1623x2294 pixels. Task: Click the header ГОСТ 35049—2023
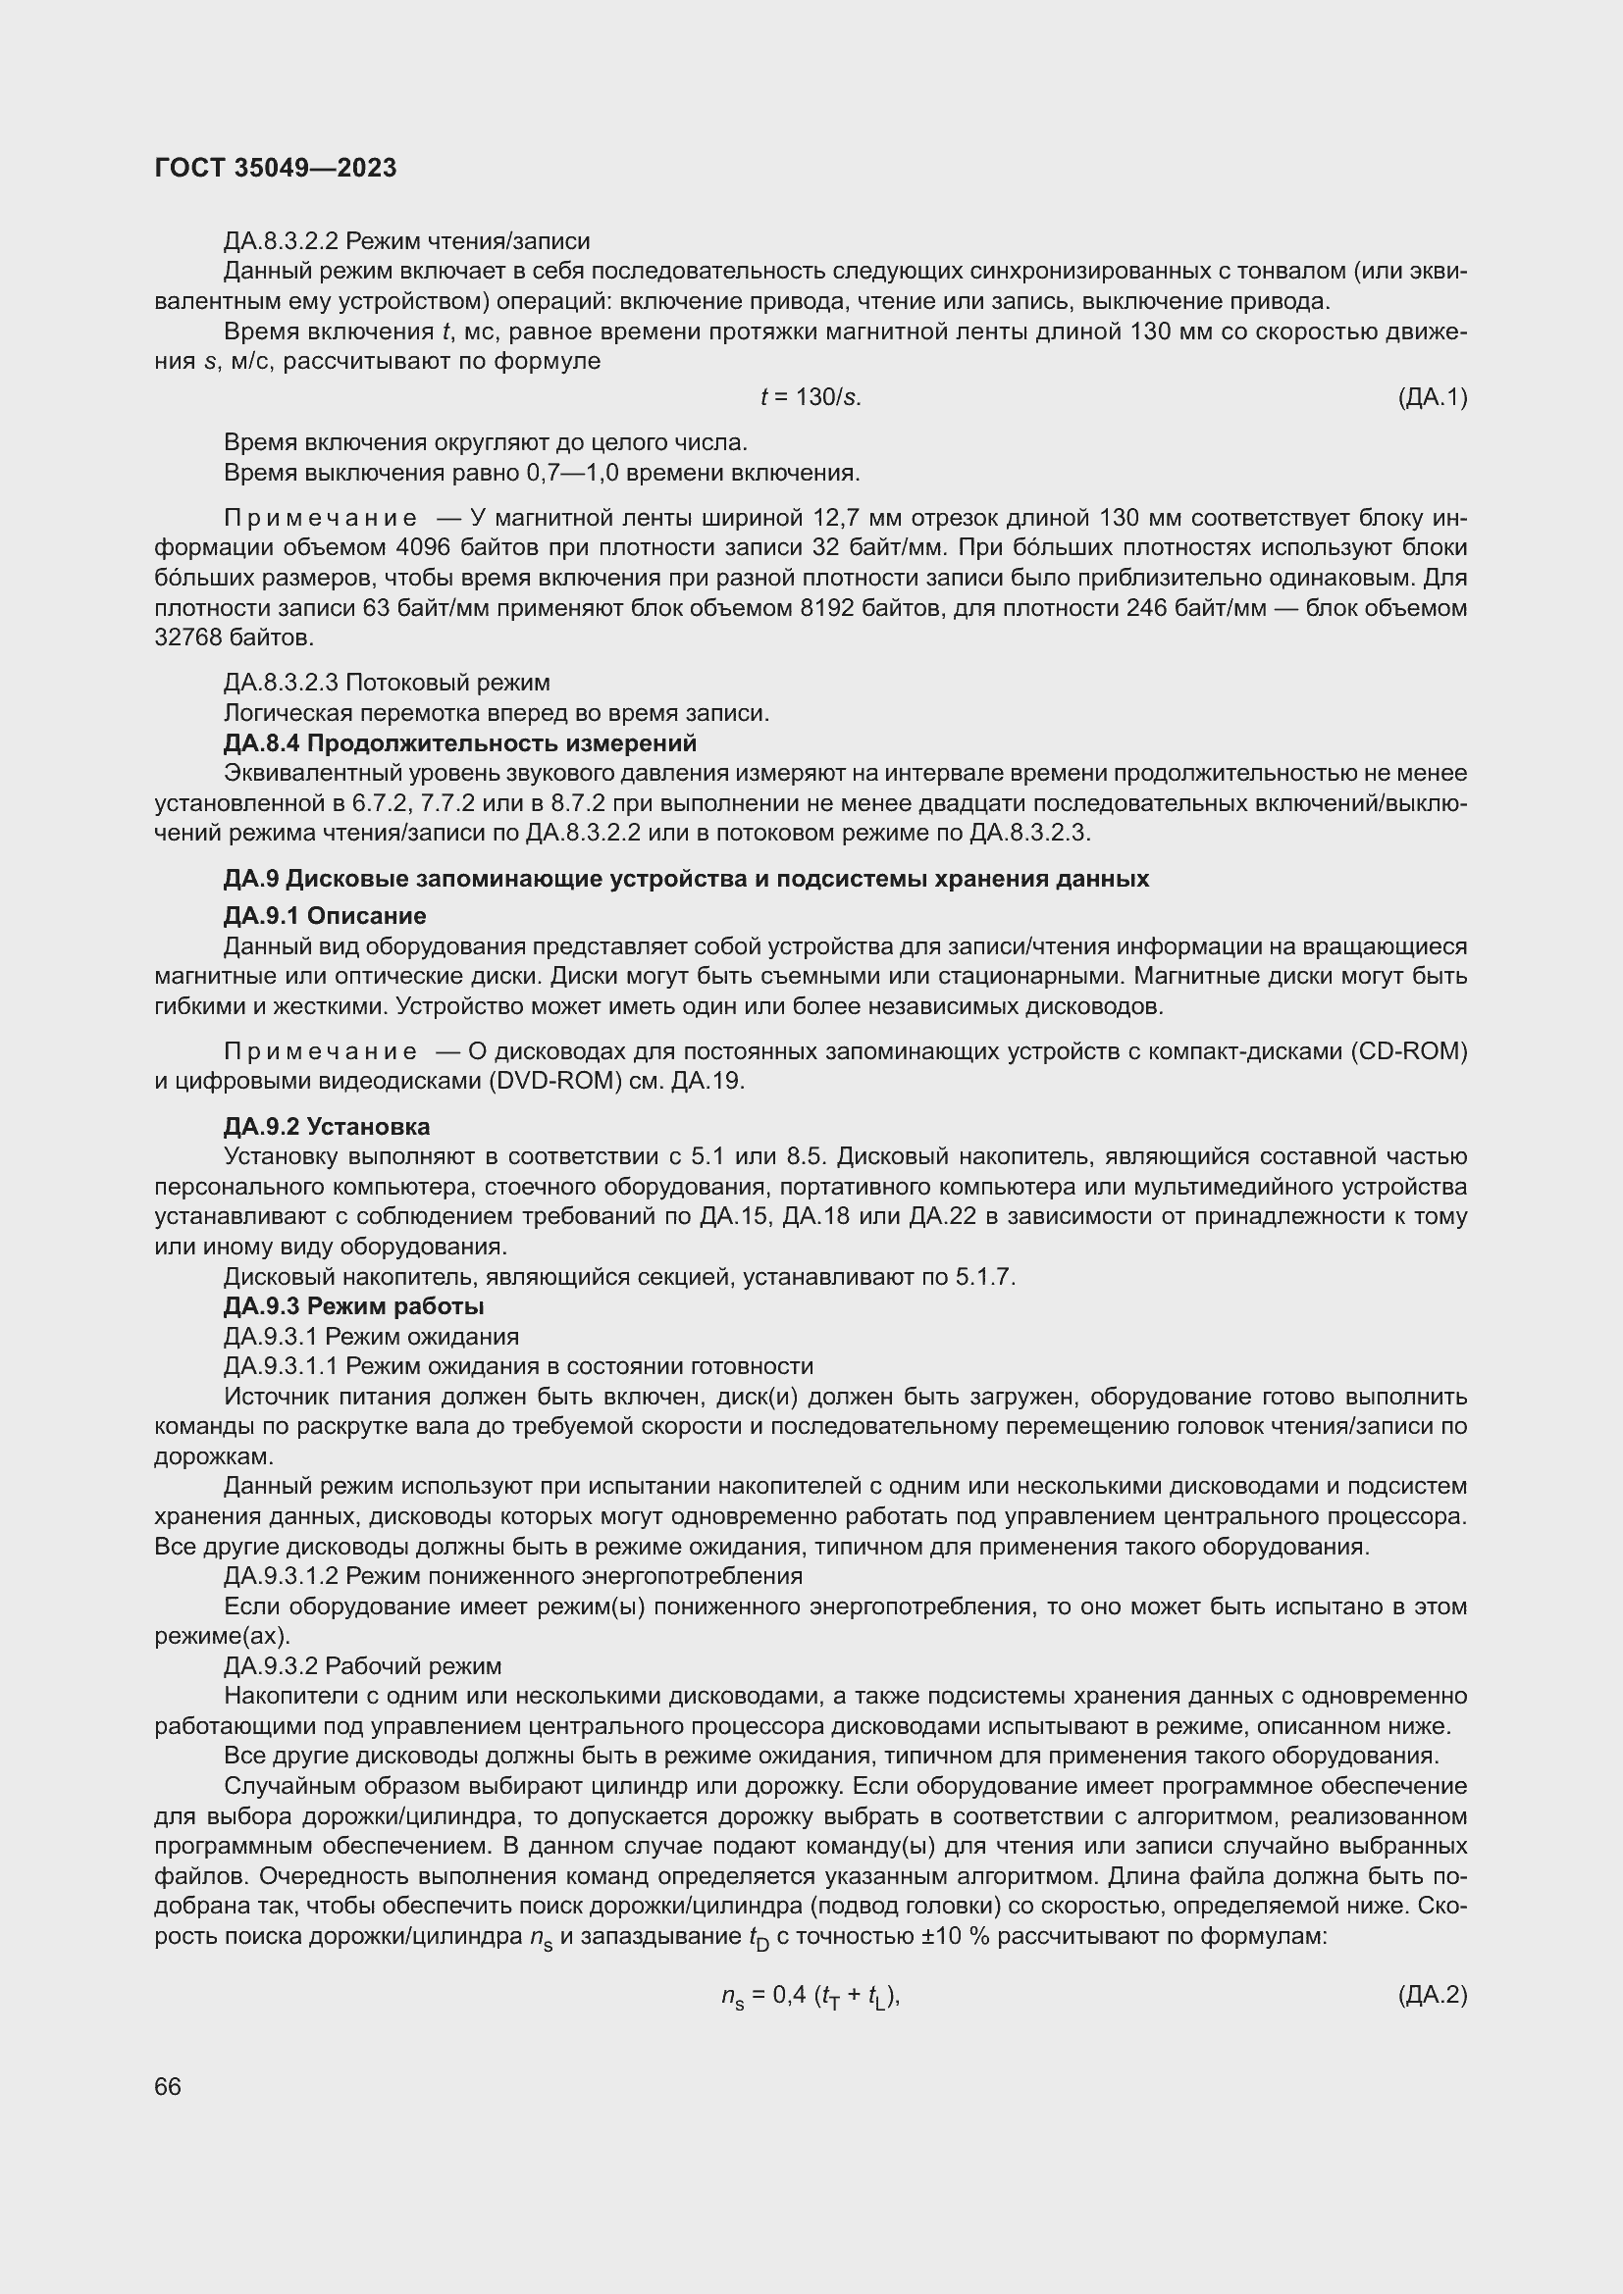click(x=276, y=168)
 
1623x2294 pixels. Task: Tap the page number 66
click(x=168, y=2086)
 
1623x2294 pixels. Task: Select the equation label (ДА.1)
click(x=1432, y=397)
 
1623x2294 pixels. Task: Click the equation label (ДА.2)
click(x=1432, y=1996)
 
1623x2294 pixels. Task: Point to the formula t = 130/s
click(x=811, y=397)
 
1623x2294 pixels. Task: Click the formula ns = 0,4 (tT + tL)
click(x=811, y=1997)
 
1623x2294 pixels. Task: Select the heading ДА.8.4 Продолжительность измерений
click(x=459, y=743)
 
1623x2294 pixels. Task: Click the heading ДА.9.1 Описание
click(x=325, y=916)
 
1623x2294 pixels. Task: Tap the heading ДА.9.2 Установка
click(x=327, y=1127)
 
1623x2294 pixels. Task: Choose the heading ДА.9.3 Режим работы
click(x=354, y=1306)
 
